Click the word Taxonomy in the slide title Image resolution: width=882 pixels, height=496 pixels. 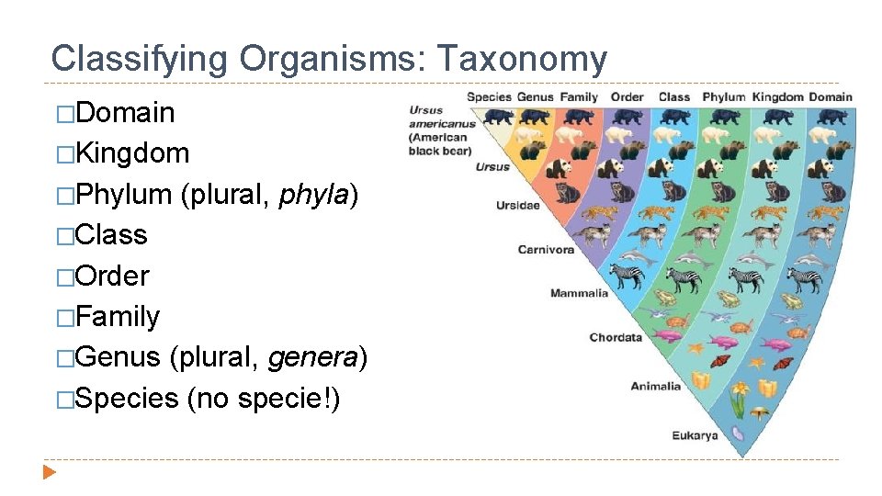521,59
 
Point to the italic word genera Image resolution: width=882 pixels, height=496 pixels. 313,357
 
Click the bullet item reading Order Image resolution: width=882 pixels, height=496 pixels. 112,276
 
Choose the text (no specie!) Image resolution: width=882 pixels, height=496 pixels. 263,398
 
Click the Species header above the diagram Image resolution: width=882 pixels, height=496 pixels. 489,96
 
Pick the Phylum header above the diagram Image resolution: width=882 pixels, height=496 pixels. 724,96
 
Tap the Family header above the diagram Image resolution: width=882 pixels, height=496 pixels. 579,96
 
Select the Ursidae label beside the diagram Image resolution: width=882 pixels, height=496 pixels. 517,205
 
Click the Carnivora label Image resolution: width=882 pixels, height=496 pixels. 546,249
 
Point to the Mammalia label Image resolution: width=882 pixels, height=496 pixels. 579,293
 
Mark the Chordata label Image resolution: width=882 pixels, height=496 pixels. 616,337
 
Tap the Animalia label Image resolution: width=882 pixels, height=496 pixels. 655,386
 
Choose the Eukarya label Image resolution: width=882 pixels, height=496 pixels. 694,434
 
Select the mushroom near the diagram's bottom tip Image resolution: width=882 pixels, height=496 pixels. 759,412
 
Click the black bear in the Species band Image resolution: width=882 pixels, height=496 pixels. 499,117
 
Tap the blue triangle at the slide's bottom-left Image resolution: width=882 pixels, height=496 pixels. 50,473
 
